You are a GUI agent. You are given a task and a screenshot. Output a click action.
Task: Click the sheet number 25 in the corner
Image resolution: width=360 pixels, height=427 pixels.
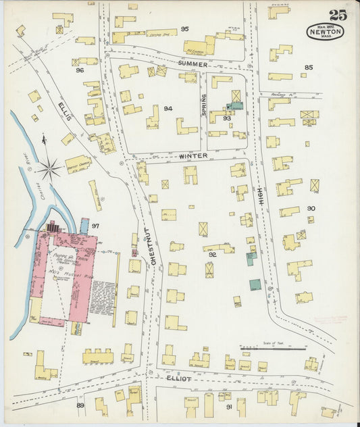point(338,15)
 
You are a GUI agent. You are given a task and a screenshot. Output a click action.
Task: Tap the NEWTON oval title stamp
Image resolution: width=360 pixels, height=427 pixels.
point(326,31)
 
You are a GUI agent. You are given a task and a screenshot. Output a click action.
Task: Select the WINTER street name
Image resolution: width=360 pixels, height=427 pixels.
point(192,156)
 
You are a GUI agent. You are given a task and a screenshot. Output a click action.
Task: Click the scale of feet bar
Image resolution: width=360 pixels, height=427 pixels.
point(273,349)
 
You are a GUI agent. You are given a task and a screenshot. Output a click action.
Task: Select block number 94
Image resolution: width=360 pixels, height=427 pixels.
point(168,108)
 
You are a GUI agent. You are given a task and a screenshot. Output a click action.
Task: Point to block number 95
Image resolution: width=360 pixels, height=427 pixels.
point(184,28)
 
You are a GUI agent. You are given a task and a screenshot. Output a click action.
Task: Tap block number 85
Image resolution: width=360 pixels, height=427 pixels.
point(309,67)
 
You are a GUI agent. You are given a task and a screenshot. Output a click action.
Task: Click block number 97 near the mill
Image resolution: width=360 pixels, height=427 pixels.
point(96,225)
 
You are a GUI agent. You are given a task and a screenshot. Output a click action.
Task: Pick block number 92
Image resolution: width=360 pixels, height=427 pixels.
point(212,255)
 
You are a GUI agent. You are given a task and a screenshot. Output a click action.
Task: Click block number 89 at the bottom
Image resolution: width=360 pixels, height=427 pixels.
point(80,405)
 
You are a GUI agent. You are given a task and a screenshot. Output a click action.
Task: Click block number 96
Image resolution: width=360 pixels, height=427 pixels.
point(80,70)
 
